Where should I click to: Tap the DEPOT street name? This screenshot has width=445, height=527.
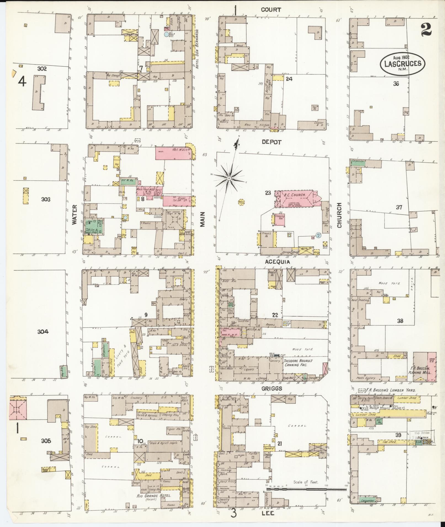click(271, 142)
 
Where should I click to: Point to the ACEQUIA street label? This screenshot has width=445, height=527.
click(277, 262)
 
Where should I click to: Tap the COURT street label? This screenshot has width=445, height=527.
click(271, 10)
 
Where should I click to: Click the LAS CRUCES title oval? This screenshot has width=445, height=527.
click(403, 63)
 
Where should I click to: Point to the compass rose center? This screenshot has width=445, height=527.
click(229, 178)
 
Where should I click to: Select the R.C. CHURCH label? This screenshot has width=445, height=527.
click(295, 195)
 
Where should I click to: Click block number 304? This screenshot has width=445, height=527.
click(43, 332)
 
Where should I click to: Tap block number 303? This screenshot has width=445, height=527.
click(46, 199)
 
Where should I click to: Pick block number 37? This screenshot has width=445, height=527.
click(399, 207)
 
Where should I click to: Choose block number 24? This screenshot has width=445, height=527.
click(289, 79)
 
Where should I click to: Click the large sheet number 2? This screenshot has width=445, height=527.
click(426, 30)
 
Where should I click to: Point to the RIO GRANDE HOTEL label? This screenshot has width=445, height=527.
click(154, 496)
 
